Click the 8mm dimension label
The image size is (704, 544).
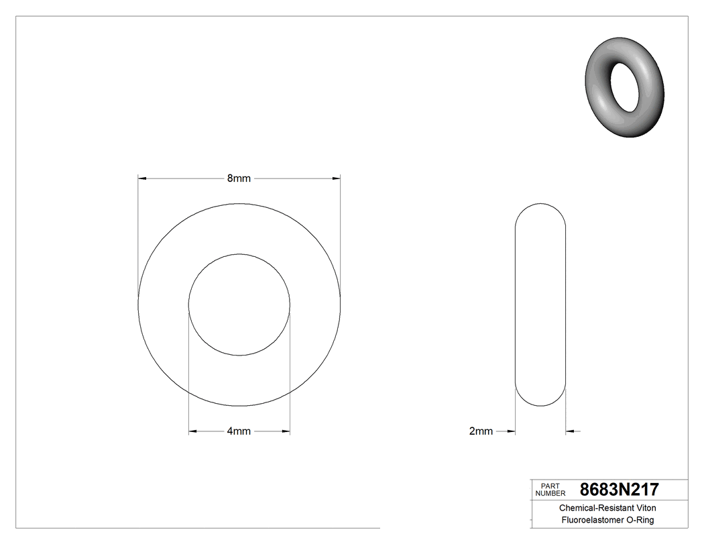pyautogui.click(x=239, y=178)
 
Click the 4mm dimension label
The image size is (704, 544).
pyautogui.click(x=239, y=431)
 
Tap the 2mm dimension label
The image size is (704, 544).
pyautogui.click(x=481, y=431)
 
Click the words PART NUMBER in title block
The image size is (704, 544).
pyautogui.click(x=550, y=489)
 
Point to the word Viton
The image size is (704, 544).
pyautogui.click(x=644, y=508)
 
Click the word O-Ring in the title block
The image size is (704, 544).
pyautogui.click(x=640, y=520)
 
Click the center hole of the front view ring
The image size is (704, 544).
pyautogui.click(x=239, y=305)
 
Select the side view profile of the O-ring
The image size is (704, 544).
pyautogui.click(x=540, y=305)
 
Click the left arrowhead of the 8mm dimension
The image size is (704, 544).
pyautogui.click(x=141, y=178)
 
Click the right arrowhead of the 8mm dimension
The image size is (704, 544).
pyautogui.click(x=337, y=178)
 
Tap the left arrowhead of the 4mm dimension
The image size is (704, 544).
pyautogui.click(x=192, y=431)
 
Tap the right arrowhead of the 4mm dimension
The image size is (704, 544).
pyautogui.click(x=287, y=431)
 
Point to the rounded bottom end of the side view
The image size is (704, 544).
pyautogui.click(x=540, y=400)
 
